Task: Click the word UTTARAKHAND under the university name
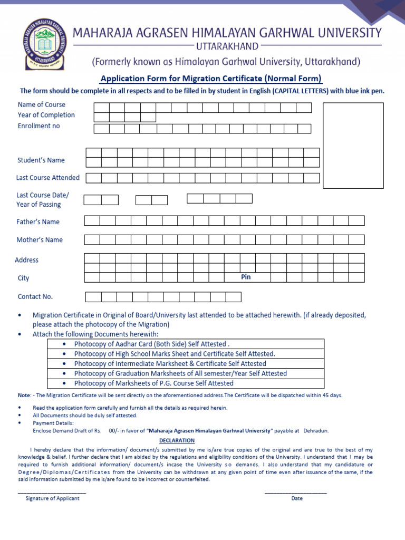click(x=226, y=46)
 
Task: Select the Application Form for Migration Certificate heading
click(x=211, y=79)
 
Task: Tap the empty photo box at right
click(x=353, y=145)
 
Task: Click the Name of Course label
click(x=42, y=104)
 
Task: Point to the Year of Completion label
click(x=46, y=115)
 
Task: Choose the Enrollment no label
click(x=39, y=126)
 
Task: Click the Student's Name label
click(x=41, y=160)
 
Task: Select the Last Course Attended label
click(x=48, y=178)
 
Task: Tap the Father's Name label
click(x=38, y=222)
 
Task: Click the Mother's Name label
click(x=40, y=240)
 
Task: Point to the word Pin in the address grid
click(x=246, y=277)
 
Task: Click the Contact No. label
click(x=35, y=296)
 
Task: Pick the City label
click(x=24, y=278)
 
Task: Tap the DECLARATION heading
click(x=177, y=440)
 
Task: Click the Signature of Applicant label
click(x=53, y=498)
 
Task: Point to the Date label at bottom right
click(x=297, y=498)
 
